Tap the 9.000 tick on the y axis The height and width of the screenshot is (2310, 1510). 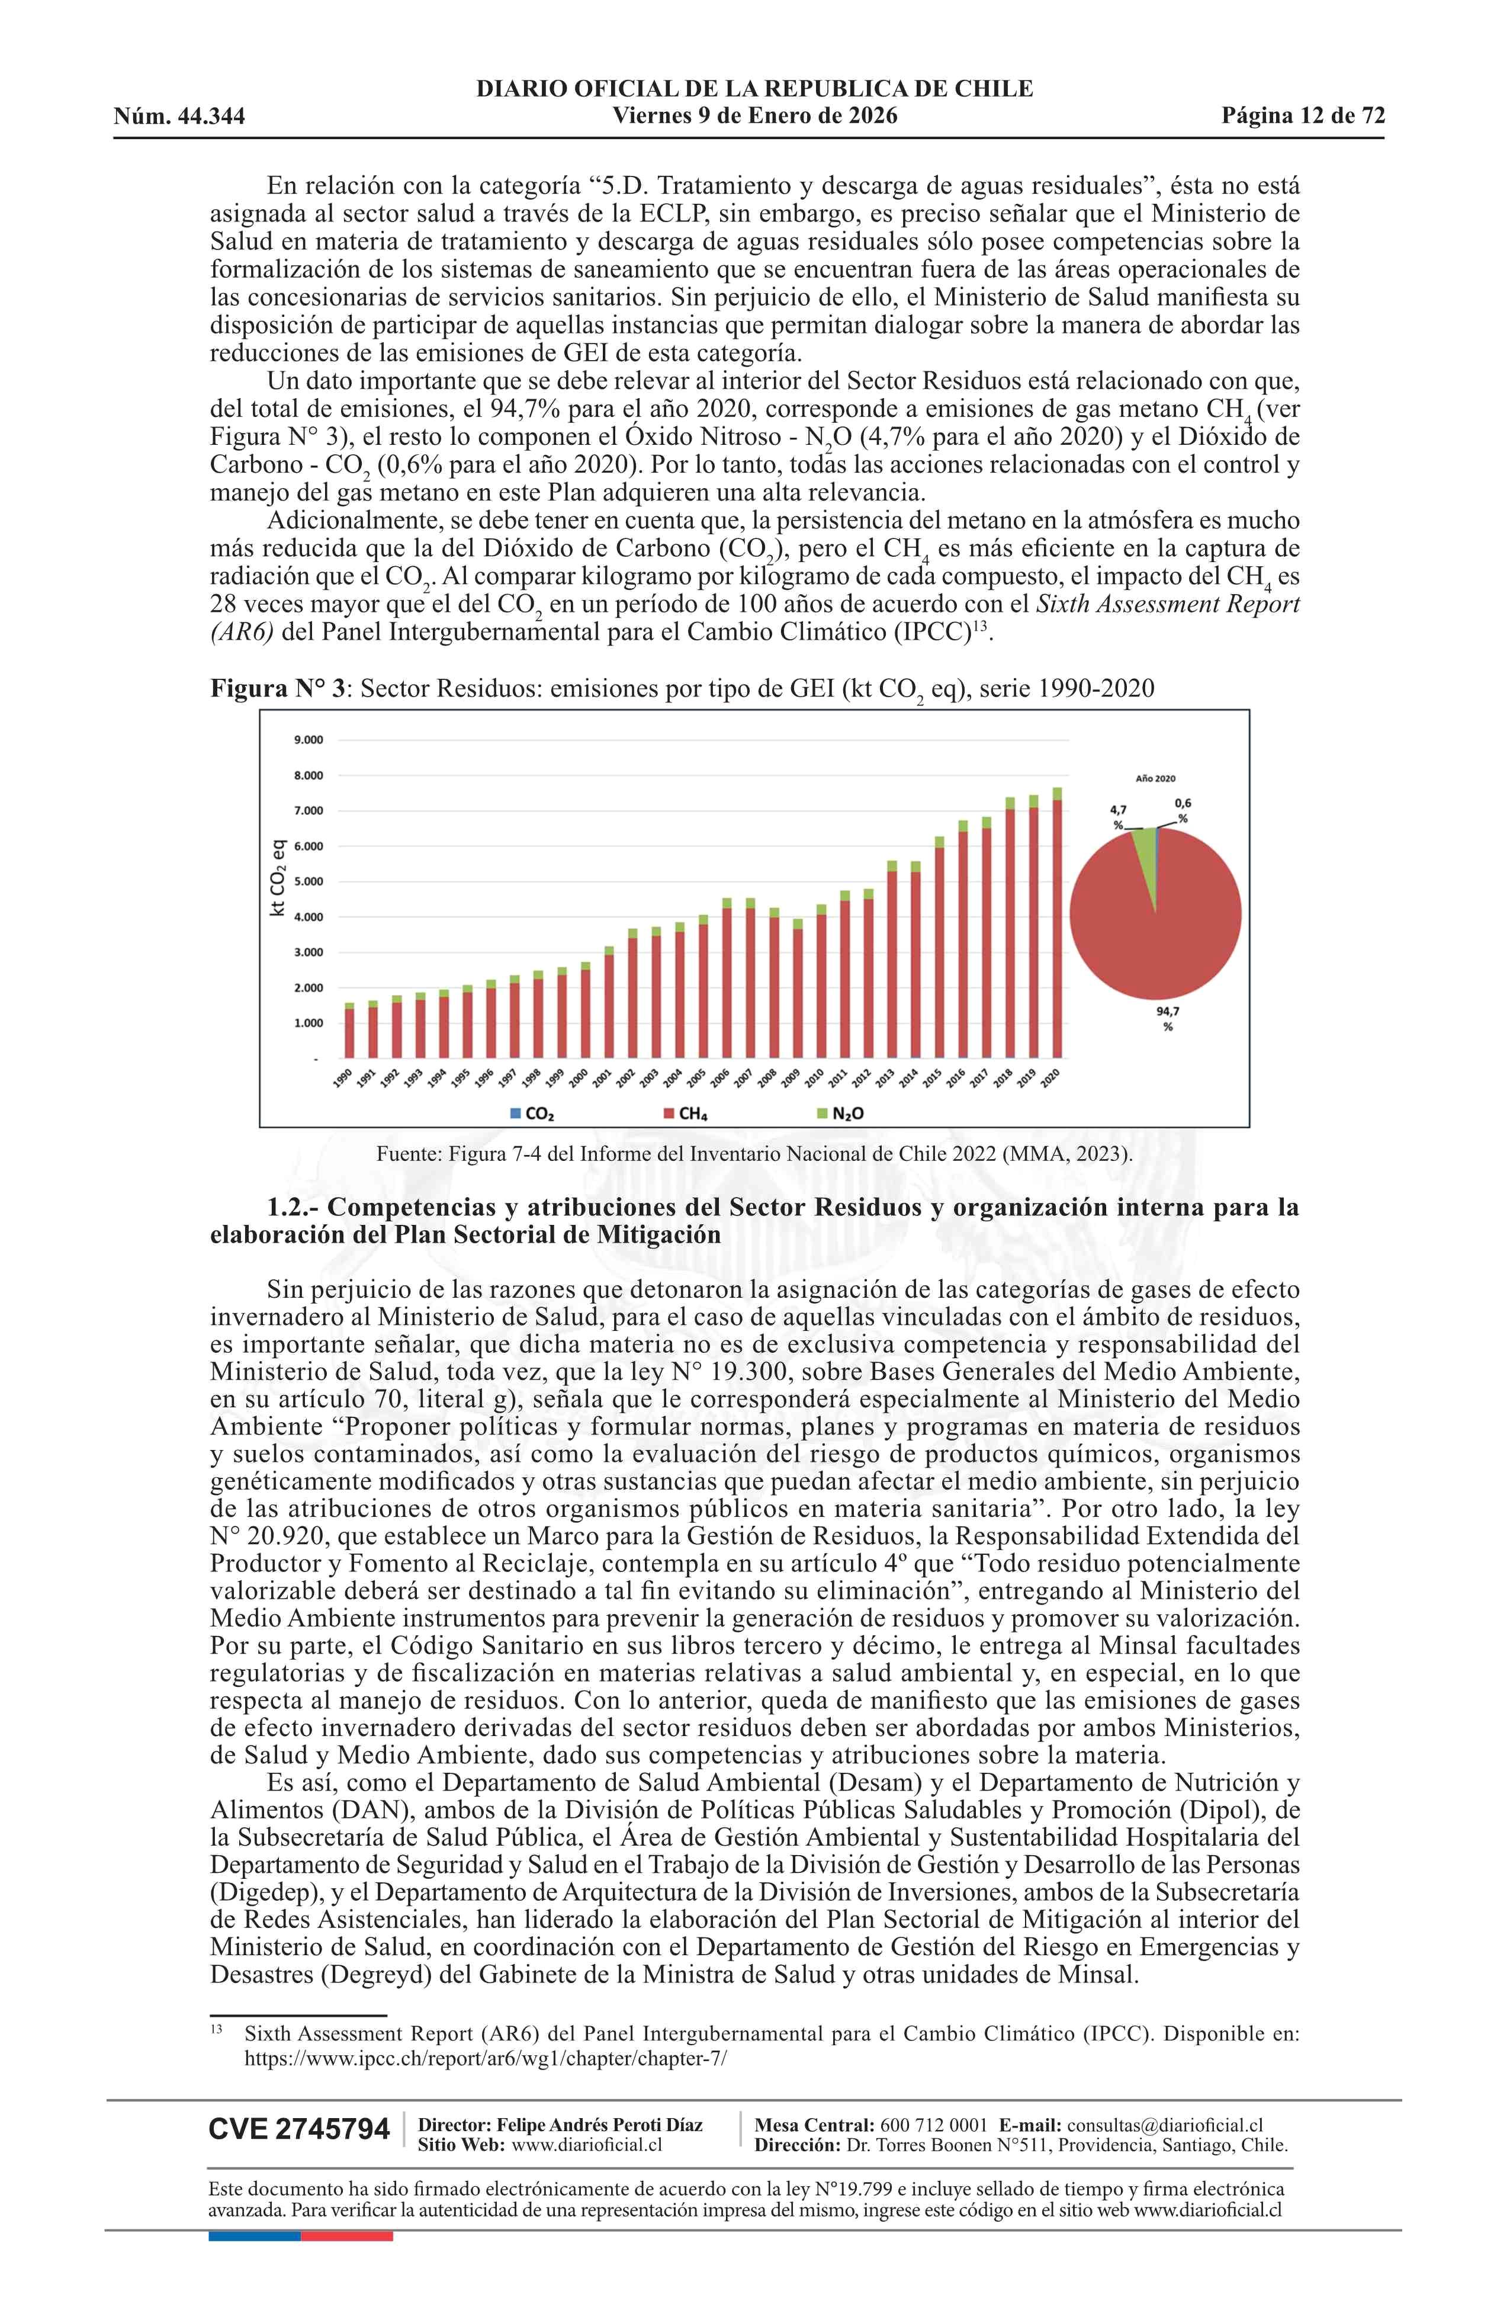click(308, 740)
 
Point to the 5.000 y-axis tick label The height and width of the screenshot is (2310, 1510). click(308, 881)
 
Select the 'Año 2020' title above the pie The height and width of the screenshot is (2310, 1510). click(1155, 778)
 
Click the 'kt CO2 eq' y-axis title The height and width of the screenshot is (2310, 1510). click(278, 877)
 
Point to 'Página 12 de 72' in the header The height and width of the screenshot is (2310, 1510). click(1302, 117)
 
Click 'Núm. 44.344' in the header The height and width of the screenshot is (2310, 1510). click(179, 117)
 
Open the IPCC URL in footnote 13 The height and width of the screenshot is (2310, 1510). click(485, 2059)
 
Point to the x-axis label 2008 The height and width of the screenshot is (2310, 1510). click(770, 1077)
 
